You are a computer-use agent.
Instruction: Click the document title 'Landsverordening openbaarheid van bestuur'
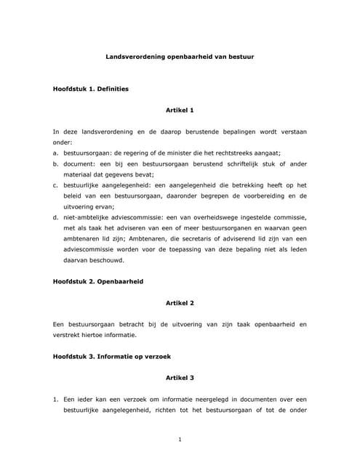point(180,55)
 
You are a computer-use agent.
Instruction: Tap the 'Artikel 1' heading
point(180,110)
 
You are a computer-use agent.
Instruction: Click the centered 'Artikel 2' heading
point(180,302)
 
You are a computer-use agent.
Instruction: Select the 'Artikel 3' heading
point(180,379)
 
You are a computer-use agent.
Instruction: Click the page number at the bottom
point(180,439)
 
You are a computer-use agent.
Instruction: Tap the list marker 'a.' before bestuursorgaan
point(56,153)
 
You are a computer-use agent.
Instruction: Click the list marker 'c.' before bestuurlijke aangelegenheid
point(56,185)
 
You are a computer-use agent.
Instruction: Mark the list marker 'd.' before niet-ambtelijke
point(56,217)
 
